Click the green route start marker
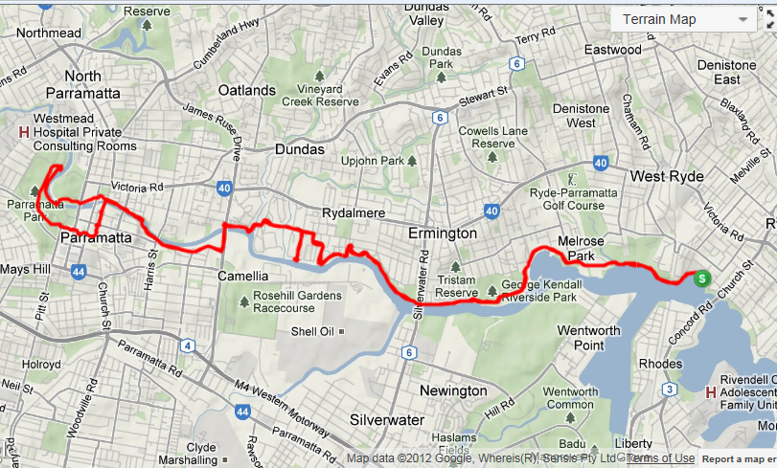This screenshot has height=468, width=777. [x=702, y=279]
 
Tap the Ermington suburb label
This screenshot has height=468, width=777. [x=443, y=234]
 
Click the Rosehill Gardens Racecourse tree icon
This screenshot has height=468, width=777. [x=243, y=302]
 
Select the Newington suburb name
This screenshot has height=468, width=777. [x=453, y=391]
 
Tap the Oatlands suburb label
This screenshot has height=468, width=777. [x=247, y=90]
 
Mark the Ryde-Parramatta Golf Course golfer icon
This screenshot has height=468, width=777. [x=573, y=179]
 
